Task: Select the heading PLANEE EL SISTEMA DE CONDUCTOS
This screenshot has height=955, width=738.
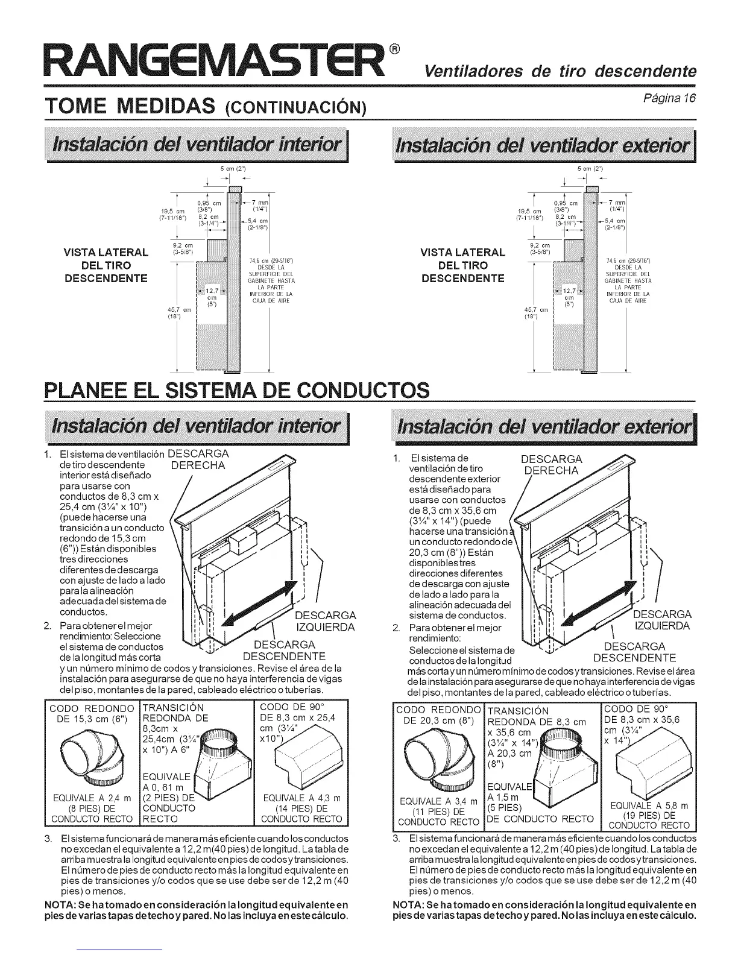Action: pos(237,390)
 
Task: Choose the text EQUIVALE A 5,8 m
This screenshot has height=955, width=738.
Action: pos(649,806)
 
